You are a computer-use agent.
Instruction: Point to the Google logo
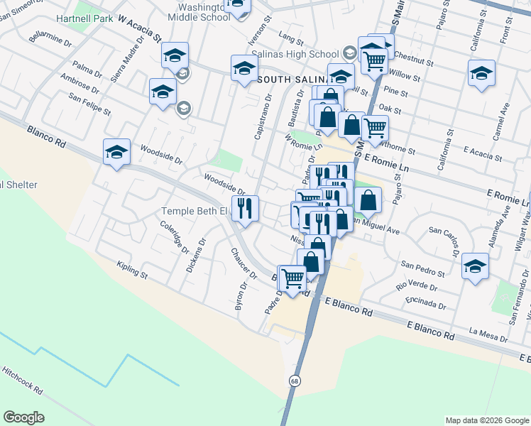click(x=23, y=417)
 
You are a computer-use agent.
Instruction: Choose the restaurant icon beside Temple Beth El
click(x=245, y=209)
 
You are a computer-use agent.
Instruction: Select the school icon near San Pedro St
click(x=475, y=266)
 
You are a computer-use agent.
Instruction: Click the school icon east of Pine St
click(x=481, y=74)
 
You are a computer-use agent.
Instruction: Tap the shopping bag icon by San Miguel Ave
click(x=369, y=200)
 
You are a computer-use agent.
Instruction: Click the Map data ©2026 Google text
click(x=486, y=420)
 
